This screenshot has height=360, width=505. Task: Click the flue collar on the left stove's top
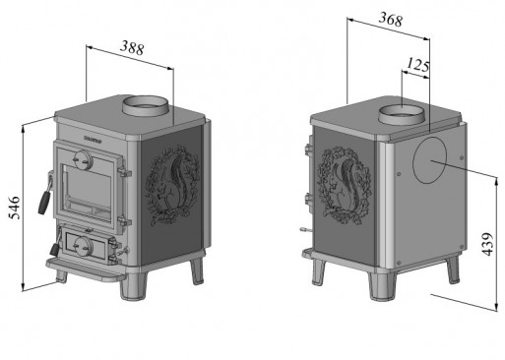[x=147, y=104]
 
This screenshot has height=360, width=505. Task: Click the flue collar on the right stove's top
[x=405, y=113]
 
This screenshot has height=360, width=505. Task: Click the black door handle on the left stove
[x=43, y=197]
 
